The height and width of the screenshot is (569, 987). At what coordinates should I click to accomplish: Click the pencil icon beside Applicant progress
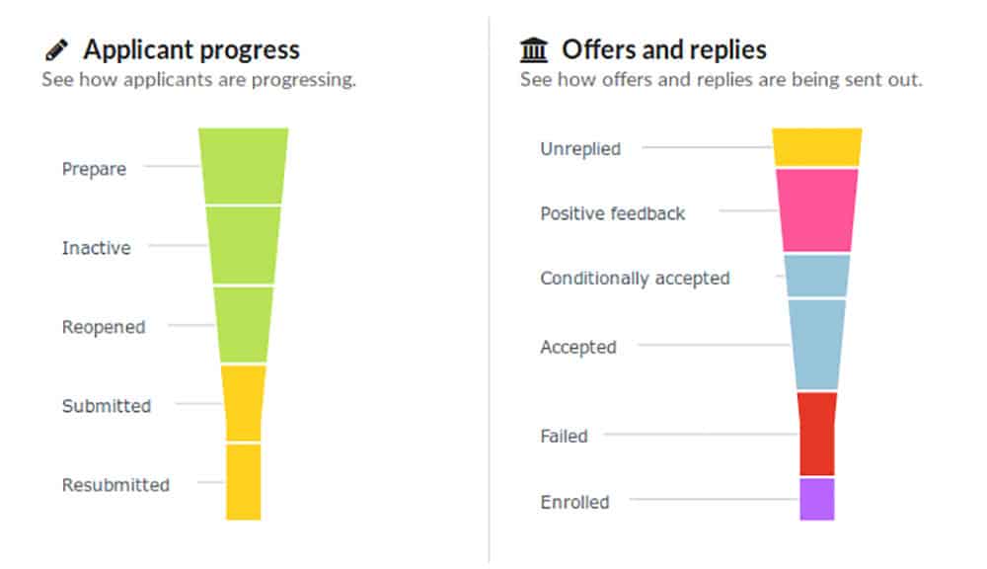(x=56, y=49)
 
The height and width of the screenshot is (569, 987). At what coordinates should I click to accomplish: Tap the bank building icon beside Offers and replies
(x=534, y=49)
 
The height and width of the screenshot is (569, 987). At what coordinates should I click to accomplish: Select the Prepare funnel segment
(x=244, y=166)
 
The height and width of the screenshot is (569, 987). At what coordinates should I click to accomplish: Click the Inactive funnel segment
(x=244, y=246)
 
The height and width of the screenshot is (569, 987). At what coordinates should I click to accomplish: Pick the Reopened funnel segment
(x=244, y=325)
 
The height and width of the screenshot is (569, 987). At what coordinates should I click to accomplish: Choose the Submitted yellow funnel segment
(x=244, y=403)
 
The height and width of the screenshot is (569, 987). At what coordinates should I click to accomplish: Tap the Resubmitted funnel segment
(x=244, y=482)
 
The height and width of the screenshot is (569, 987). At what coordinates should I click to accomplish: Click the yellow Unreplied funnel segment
(x=817, y=147)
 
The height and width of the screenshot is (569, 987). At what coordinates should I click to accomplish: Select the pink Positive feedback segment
(x=817, y=210)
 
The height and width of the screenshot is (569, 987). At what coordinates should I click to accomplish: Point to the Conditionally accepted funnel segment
(x=817, y=276)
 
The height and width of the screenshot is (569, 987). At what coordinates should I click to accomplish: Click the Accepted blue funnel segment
(x=817, y=345)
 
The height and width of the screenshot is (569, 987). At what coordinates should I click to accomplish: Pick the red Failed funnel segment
(x=817, y=434)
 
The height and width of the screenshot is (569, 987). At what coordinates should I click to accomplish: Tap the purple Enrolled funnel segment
(x=817, y=499)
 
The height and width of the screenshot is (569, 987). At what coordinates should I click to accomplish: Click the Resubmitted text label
(x=115, y=485)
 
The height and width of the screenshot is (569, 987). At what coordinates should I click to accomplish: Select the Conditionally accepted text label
(x=635, y=278)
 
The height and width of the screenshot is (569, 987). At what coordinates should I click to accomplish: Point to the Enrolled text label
(x=574, y=502)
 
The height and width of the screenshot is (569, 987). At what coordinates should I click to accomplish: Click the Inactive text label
(x=97, y=248)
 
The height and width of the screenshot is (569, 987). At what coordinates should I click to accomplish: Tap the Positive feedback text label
(x=613, y=213)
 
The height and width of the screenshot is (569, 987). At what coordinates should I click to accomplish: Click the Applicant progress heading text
(x=191, y=49)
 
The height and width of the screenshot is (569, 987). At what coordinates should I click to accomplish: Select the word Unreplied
(x=580, y=149)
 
